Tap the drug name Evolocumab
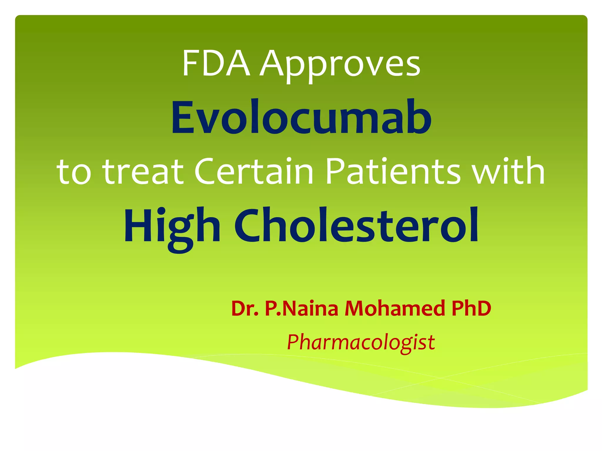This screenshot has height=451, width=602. (x=301, y=117)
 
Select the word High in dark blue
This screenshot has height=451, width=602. (x=172, y=226)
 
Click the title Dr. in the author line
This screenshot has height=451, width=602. (x=245, y=308)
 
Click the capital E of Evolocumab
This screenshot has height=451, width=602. (x=183, y=117)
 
